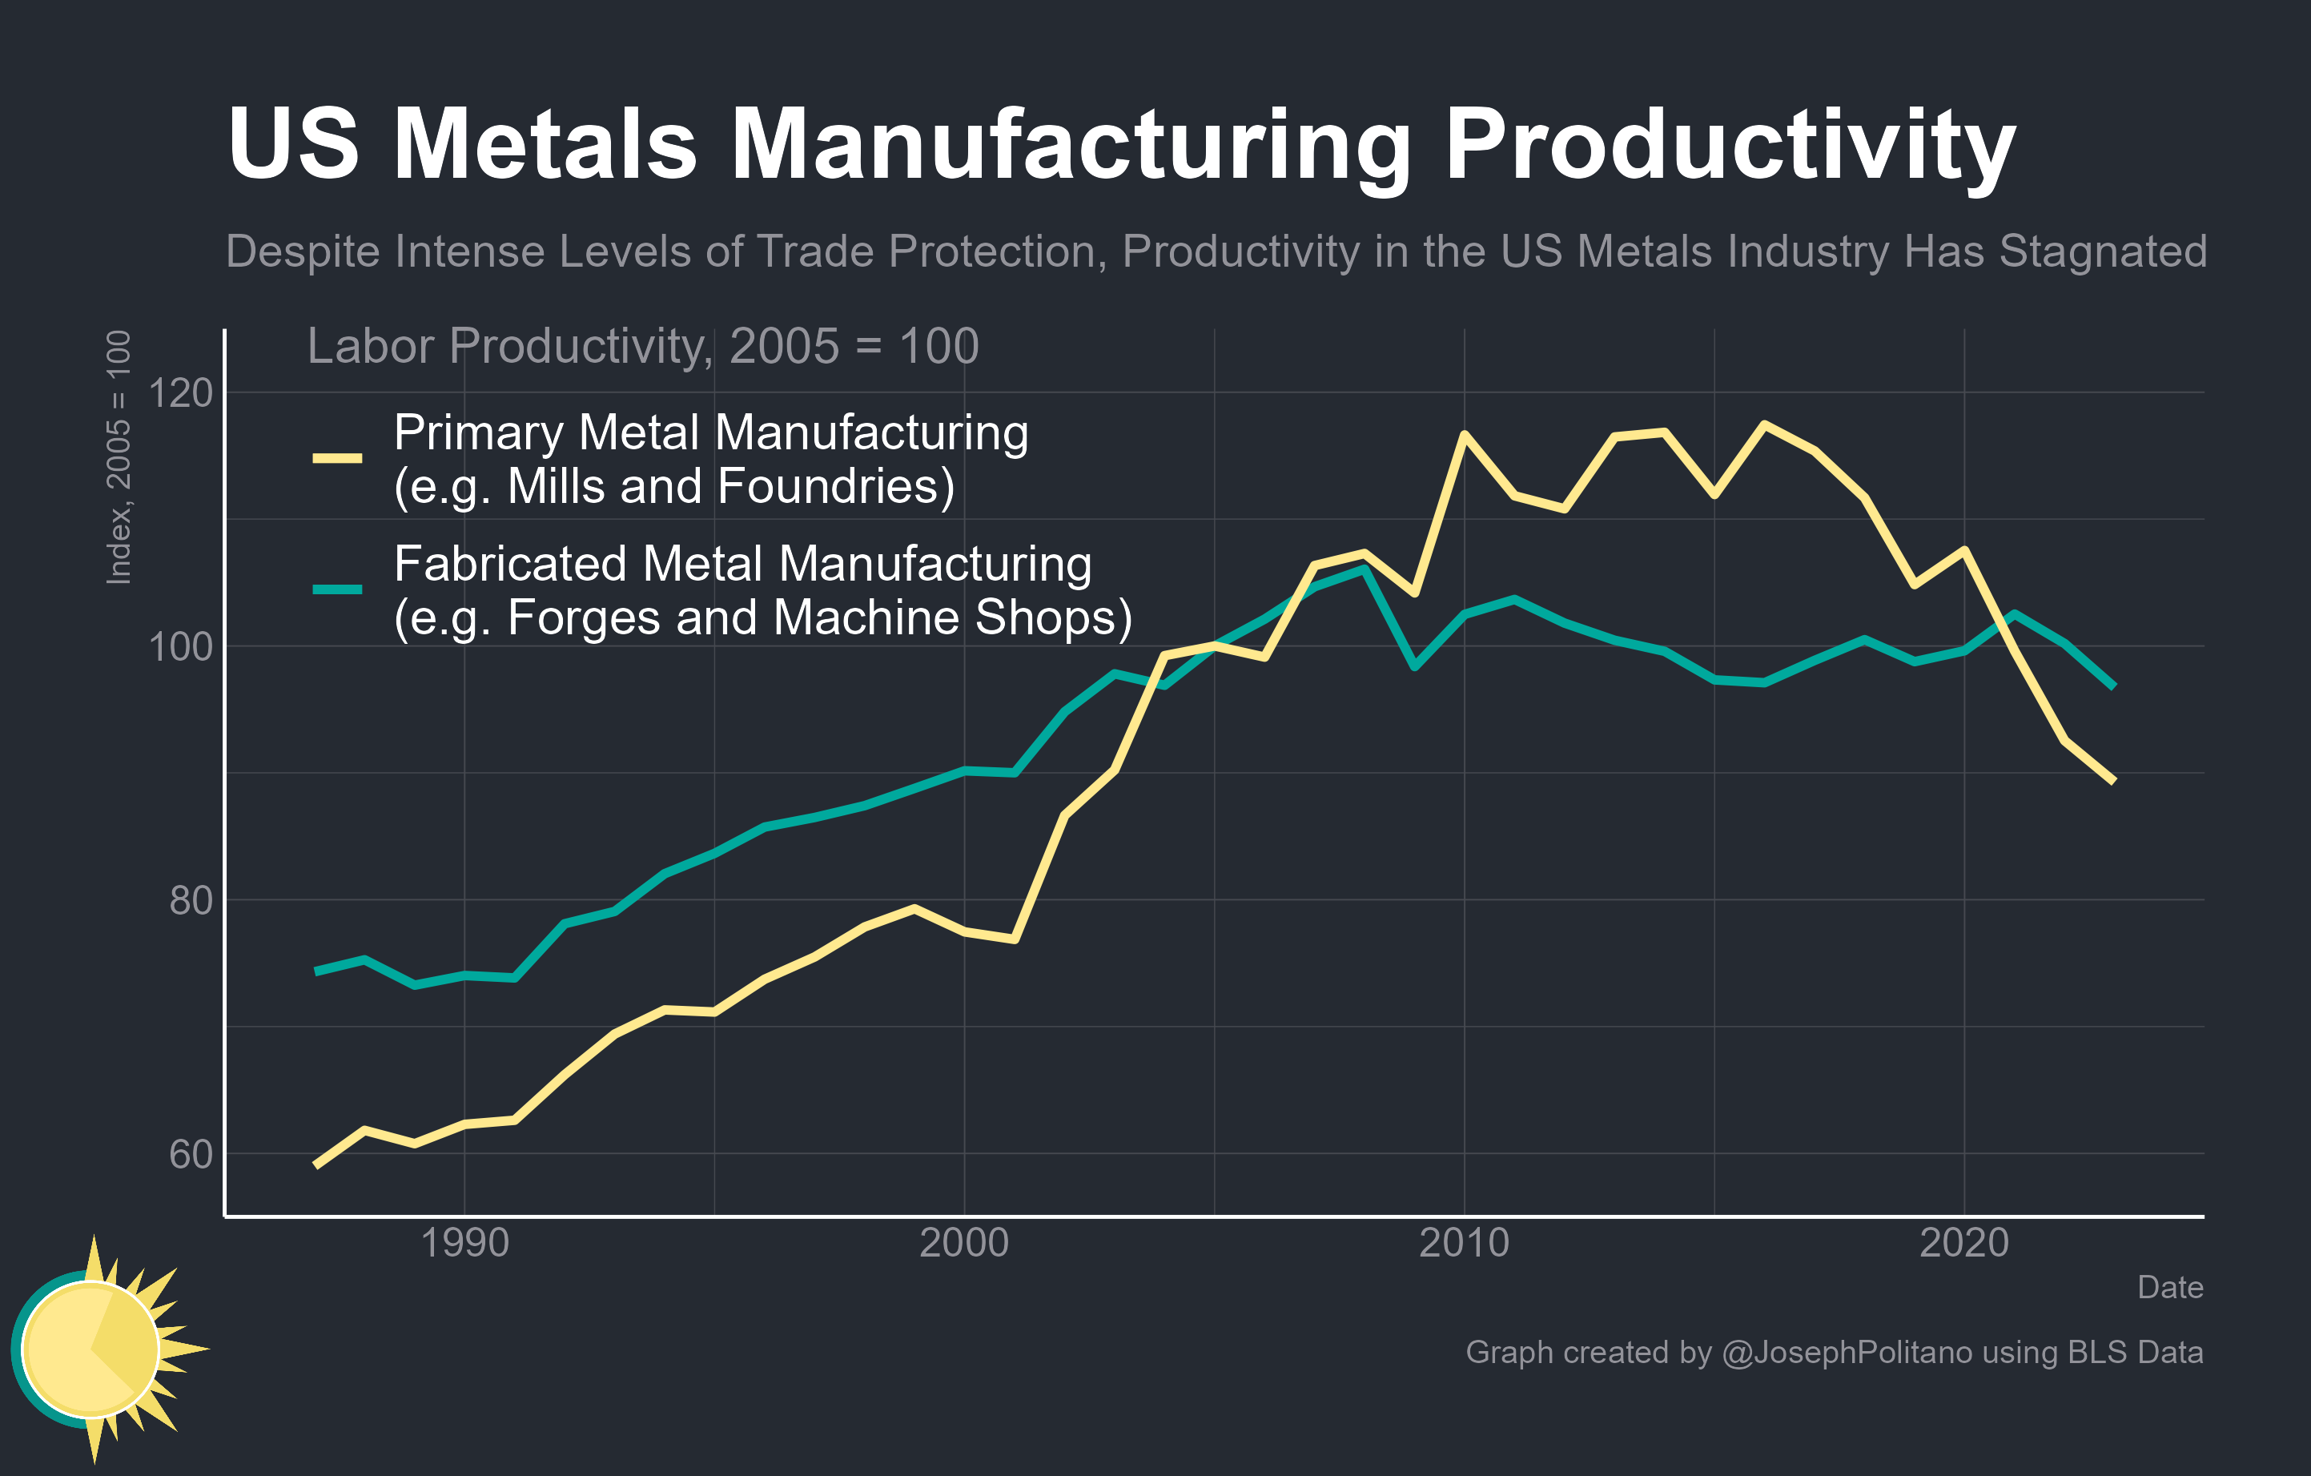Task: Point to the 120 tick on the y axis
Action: point(180,392)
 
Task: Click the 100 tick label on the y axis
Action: point(180,647)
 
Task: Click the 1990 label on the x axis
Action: point(464,1243)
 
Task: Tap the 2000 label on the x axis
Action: point(963,1243)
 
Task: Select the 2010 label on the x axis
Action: point(1464,1243)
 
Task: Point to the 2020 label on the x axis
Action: point(1963,1243)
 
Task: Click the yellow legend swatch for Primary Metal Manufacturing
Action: point(337,459)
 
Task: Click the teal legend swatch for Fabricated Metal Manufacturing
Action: point(337,589)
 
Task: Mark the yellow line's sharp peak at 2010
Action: point(1464,435)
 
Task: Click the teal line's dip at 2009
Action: point(1415,665)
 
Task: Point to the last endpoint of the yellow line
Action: point(2113,781)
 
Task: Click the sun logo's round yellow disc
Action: point(90,1349)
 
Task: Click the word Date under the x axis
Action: point(2170,1287)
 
